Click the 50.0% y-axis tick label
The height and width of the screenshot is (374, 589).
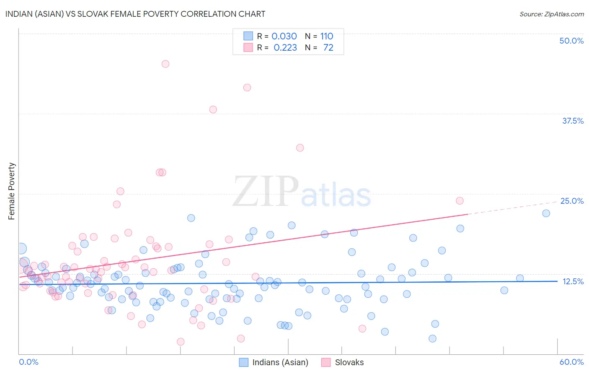point(571,41)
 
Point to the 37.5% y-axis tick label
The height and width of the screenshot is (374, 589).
point(573,121)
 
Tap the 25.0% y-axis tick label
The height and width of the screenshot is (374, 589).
point(572,201)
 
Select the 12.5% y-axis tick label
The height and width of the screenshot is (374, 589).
point(573,281)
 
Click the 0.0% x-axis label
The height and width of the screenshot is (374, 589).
point(28,362)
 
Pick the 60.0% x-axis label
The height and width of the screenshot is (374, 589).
point(571,362)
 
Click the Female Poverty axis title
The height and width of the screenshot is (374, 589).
point(12,191)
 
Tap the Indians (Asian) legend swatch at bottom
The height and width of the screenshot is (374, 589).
point(244,362)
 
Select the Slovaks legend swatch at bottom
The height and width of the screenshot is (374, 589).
point(326,362)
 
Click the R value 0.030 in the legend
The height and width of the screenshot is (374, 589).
point(284,36)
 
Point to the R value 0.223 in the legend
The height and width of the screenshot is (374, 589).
point(285,48)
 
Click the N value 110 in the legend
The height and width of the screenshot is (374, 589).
point(327,36)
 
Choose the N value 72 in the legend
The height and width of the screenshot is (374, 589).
point(328,48)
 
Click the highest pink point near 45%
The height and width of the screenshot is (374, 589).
point(165,64)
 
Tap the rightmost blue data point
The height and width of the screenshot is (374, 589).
point(546,213)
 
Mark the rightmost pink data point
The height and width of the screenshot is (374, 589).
point(460,201)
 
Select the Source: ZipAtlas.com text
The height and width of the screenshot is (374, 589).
point(551,14)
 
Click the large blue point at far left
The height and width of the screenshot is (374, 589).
point(21,249)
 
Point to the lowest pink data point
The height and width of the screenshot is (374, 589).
point(181,342)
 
